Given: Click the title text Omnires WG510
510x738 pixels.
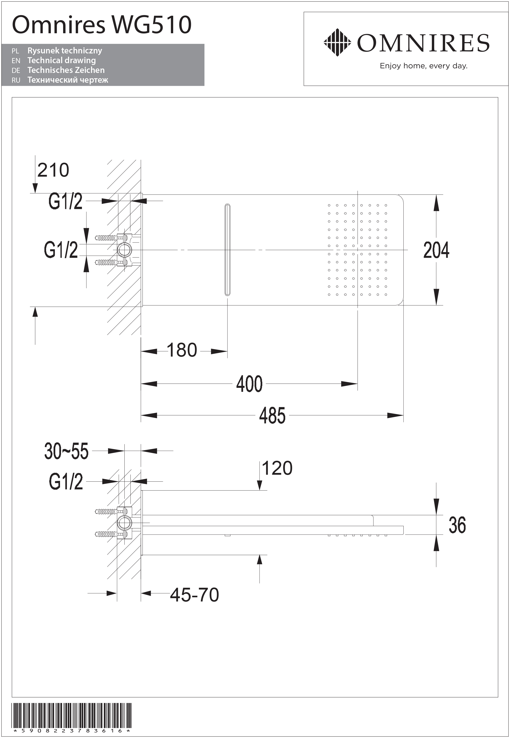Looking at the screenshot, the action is click(x=102, y=25).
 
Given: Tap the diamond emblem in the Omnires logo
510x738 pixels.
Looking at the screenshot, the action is click(x=337, y=43).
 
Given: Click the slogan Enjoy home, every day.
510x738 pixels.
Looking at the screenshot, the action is click(x=423, y=66).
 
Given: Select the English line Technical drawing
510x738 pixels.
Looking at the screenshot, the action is click(x=62, y=61).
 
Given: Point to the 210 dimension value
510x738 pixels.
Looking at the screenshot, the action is click(x=53, y=170).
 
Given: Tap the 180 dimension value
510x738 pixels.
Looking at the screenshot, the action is click(x=182, y=350).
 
